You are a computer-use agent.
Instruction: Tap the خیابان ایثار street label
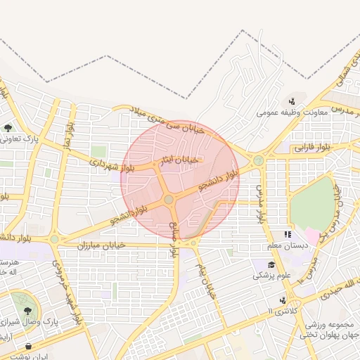(x=181, y=161)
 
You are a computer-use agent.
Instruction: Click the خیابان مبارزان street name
(x=101, y=244)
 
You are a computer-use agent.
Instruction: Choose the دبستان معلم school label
(x=285, y=245)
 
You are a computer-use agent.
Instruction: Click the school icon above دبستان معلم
(x=287, y=234)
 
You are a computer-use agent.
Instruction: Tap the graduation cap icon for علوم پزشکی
(x=271, y=265)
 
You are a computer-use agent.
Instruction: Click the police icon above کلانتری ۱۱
(x=283, y=300)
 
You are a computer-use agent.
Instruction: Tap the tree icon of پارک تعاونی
(x=8, y=128)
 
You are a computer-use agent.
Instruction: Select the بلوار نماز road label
(x=69, y=134)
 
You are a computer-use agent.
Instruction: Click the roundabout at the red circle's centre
(x=169, y=201)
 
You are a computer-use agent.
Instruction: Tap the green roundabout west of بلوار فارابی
(x=258, y=160)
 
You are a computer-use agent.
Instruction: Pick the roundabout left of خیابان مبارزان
(x=55, y=239)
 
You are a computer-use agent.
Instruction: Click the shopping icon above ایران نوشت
(x=28, y=346)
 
